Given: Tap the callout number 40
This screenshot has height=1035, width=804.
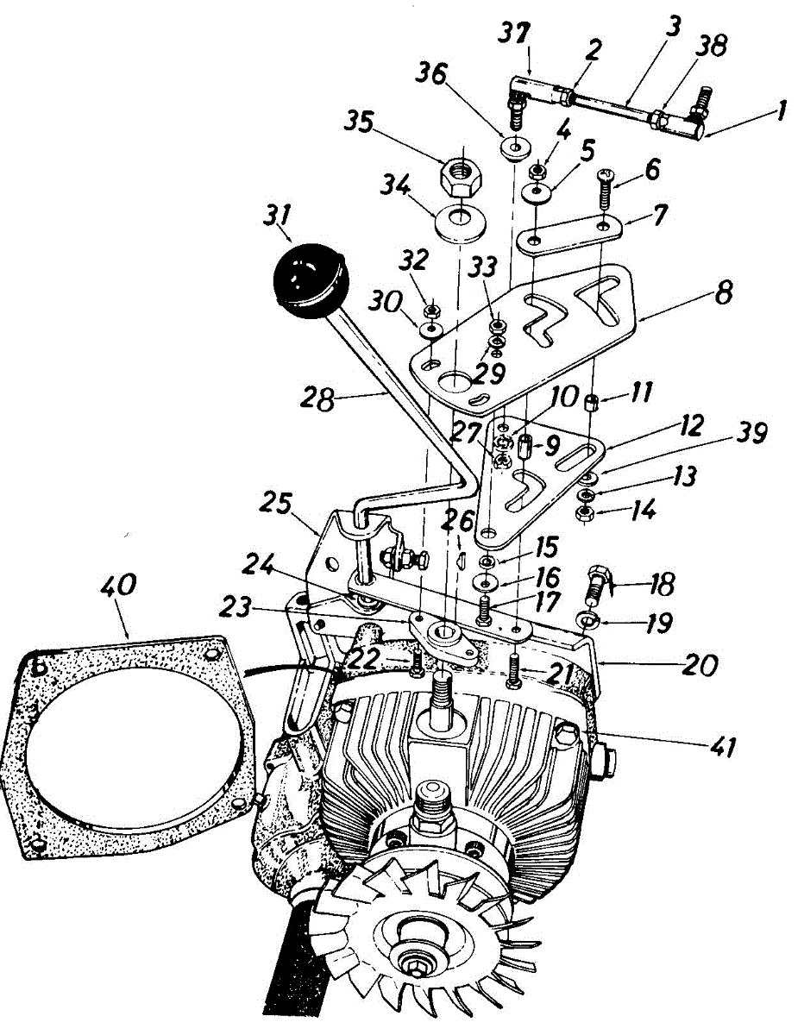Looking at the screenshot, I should (x=117, y=586).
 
